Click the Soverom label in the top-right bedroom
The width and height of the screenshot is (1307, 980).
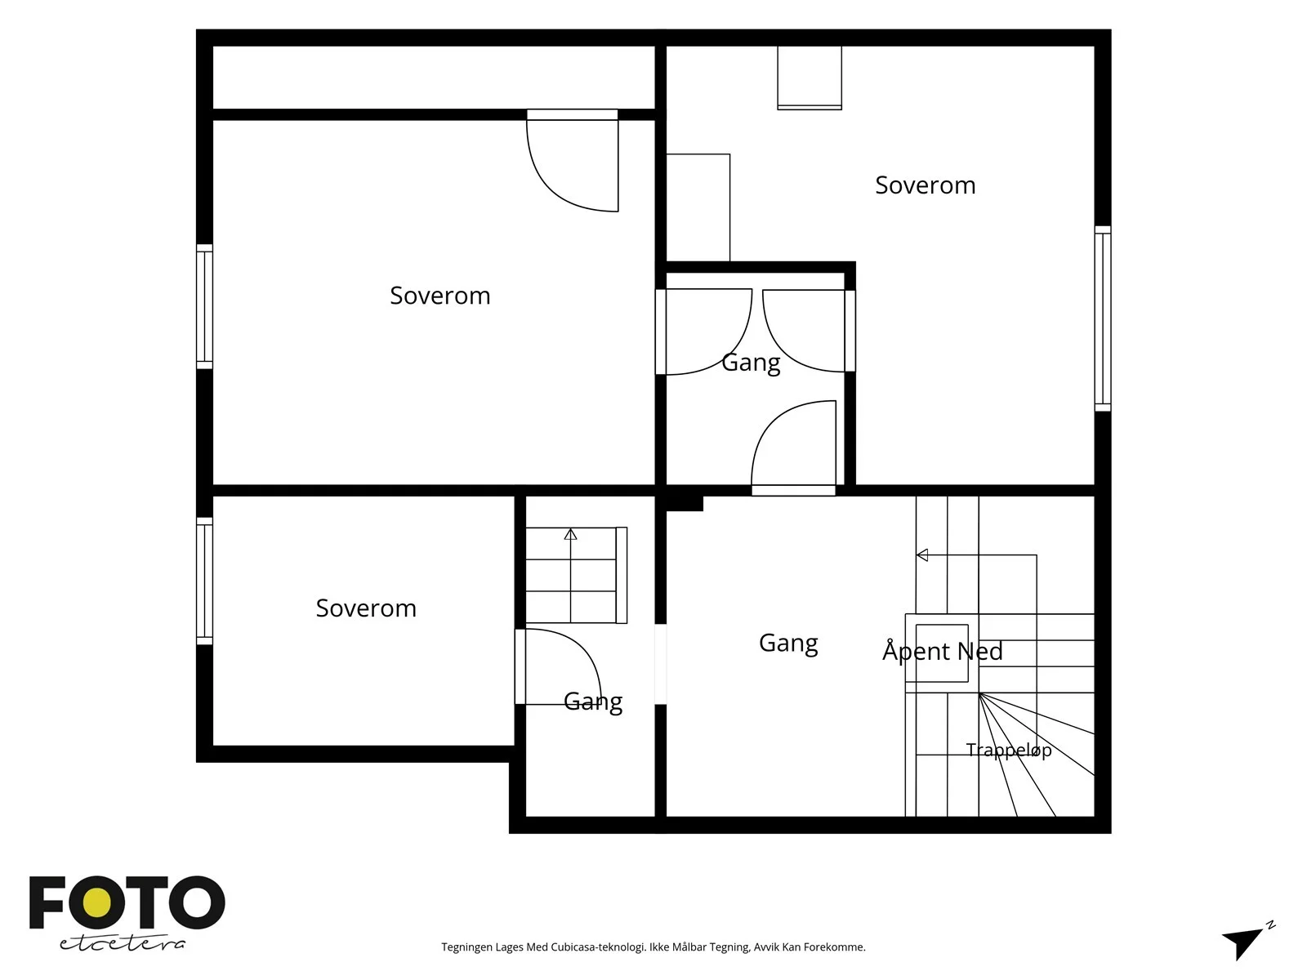[x=925, y=185]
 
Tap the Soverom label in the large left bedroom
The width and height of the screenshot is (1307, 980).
[x=440, y=296]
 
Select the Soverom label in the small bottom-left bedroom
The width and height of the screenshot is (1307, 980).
[x=366, y=608]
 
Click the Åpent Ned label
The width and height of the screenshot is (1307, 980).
[x=942, y=650]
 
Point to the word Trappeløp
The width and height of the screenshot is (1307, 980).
[x=1008, y=751]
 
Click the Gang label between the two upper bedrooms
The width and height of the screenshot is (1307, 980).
[x=751, y=363]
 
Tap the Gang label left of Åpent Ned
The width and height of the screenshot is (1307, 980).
[x=788, y=643]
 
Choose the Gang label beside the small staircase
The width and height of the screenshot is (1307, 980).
[x=593, y=701]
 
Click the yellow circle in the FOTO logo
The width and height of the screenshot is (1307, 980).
[x=97, y=903]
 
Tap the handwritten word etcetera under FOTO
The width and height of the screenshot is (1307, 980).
[x=123, y=943]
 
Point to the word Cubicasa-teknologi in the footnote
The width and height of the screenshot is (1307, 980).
[x=598, y=947]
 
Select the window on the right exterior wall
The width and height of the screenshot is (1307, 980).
[x=1103, y=318]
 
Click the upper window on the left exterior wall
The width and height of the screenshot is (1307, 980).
[x=204, y=306]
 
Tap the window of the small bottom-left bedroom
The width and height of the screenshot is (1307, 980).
[x=204, y=581]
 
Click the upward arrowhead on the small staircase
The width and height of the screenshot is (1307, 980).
[x=570, y=534]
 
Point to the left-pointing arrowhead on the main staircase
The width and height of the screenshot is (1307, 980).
[x=921, y=555]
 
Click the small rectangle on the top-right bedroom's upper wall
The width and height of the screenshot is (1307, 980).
[x=810, y=78]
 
